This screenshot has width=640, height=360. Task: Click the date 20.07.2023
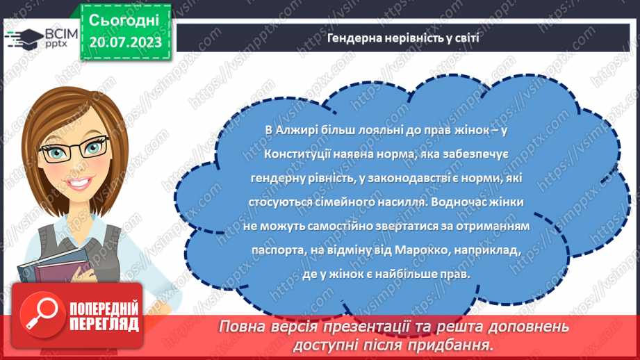pyautogui.click(x=125, y=43)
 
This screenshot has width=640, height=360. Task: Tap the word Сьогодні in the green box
pyautogui.click(x=125, y=19)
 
